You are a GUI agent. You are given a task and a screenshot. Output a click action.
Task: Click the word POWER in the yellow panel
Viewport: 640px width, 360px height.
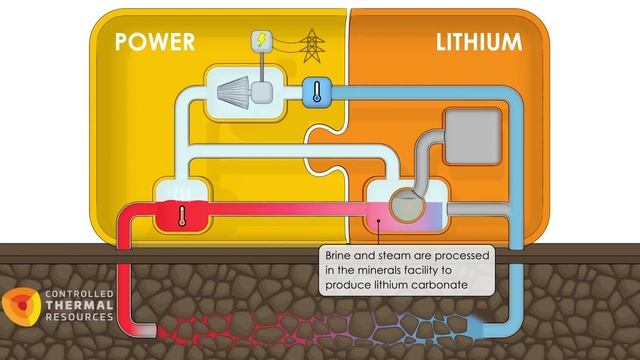tap(154, 42)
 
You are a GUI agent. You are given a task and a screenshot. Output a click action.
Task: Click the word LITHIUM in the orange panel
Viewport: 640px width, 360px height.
tap(479, 42)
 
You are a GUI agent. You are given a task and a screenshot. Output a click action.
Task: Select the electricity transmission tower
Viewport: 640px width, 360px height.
tap(310, 44)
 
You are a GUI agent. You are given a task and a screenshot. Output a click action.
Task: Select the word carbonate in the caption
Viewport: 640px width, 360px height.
tap(436, 285)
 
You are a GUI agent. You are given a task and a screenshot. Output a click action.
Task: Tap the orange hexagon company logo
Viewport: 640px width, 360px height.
tap(21, 307)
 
